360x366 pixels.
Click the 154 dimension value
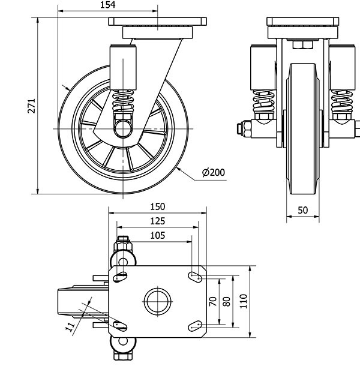[x=107, y=5]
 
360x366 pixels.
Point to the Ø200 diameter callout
[x=214, y=173]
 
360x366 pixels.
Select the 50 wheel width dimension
[x=302, y=210]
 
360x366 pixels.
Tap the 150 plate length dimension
[x=156, y=207]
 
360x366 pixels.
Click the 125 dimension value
[x=156, y=221]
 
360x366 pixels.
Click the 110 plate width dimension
[x=243, y=299]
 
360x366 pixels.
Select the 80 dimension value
[x=227, y=299]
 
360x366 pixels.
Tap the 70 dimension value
[x=212, y=299]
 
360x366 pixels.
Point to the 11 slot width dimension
[x=71, y=326]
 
